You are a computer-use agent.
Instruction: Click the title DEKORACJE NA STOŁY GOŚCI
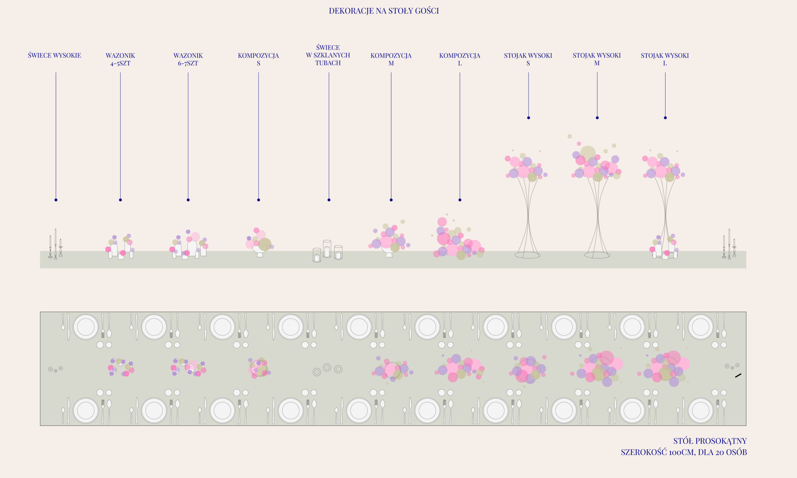(x=384, y=11)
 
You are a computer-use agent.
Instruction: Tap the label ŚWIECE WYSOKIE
(x=54, y=55)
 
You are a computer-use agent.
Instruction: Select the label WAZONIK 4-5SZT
(x=120, y=59)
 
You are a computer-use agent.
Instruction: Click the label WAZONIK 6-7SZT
(x=188, y=59)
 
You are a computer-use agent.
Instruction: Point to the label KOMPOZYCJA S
(x=258, y=59)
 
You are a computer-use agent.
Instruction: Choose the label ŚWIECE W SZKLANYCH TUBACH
(x=328, y=55)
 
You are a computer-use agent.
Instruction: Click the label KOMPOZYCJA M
(x=391, y=59)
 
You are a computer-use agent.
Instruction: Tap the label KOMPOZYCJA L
(x=460, y=59)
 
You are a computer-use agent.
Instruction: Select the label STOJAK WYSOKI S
(x=528, y=59)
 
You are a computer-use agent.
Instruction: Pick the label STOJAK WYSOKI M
(x=597, y=59)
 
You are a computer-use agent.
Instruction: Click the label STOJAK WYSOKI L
(x=665, y=59)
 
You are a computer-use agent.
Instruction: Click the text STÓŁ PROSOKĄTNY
(x=710, y=441)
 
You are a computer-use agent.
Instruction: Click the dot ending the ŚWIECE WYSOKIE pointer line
(x=56, y=200)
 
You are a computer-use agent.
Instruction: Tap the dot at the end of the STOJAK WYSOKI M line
(x=597, y=118)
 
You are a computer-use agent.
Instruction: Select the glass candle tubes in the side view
(x=327, y=251)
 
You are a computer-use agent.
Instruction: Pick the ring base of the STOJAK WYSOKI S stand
(x=527, y=255)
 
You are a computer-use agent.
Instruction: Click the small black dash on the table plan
(x=738, y=376)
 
